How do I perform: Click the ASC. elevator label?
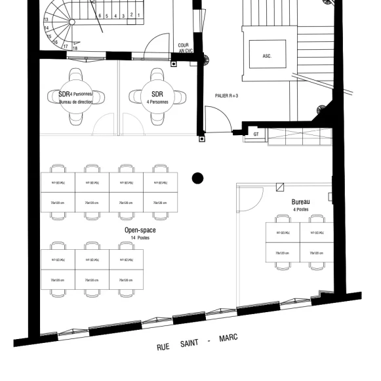coord(267,56)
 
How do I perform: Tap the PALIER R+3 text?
coord(226,96)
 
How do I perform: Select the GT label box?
coord(256,134)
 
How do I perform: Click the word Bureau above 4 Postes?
coord(301,202)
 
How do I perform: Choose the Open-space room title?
coord(140,230)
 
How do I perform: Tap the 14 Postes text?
coord(140,238)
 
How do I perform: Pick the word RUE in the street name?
coord(163,348)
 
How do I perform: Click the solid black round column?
coord(197,178)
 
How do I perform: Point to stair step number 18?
coord(75,48)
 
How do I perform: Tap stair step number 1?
coord(139,14)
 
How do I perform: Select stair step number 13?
coord(46,20)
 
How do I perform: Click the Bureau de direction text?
coord(76,102)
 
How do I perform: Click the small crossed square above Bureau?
coord(280,186)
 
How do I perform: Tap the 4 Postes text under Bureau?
coord(301,209)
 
